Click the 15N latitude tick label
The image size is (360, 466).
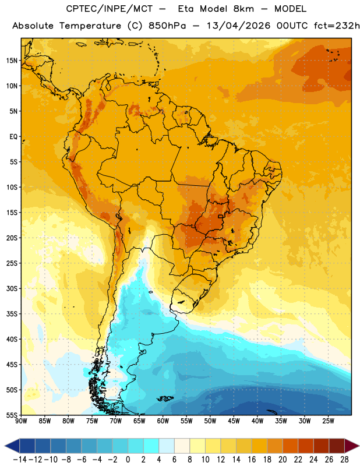12,61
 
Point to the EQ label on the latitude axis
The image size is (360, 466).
13,137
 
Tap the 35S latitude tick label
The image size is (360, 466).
12,314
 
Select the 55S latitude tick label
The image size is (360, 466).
12,415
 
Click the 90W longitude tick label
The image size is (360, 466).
21,421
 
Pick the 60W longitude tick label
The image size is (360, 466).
163,421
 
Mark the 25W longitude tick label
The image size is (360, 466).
328,421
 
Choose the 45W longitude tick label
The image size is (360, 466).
234,421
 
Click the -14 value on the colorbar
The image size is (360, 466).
20,460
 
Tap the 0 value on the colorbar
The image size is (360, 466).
128,460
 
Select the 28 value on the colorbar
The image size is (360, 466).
344,460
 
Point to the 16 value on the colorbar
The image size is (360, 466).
252,460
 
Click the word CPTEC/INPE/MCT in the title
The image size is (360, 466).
109,9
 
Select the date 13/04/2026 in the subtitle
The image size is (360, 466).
238,26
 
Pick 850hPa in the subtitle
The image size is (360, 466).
167,26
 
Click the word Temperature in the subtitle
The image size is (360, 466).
90,26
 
